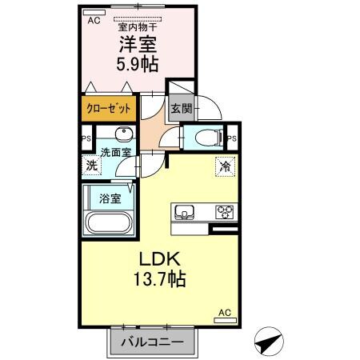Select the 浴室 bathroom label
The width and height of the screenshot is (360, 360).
(110, 196)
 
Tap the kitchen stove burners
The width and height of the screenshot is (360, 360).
(225, 212)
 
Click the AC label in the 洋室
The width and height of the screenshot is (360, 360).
(93, 21)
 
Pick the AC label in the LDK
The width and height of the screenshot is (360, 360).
(225, 313)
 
